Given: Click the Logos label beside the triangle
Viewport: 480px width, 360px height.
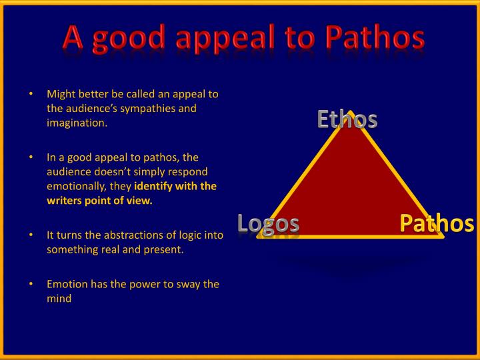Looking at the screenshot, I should tap(268, 224).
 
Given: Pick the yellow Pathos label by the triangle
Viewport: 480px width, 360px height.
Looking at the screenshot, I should tap(437, 224).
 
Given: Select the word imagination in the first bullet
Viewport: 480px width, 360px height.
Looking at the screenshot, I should tap(76, 123).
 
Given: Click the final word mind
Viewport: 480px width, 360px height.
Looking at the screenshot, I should tap(59, 299).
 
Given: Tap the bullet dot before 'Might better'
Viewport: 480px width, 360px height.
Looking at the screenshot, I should tap(31, 94).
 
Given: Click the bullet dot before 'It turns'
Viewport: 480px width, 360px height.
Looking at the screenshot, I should tap(31, 235).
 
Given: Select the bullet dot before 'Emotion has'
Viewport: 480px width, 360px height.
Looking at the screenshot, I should tap(31, 284).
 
